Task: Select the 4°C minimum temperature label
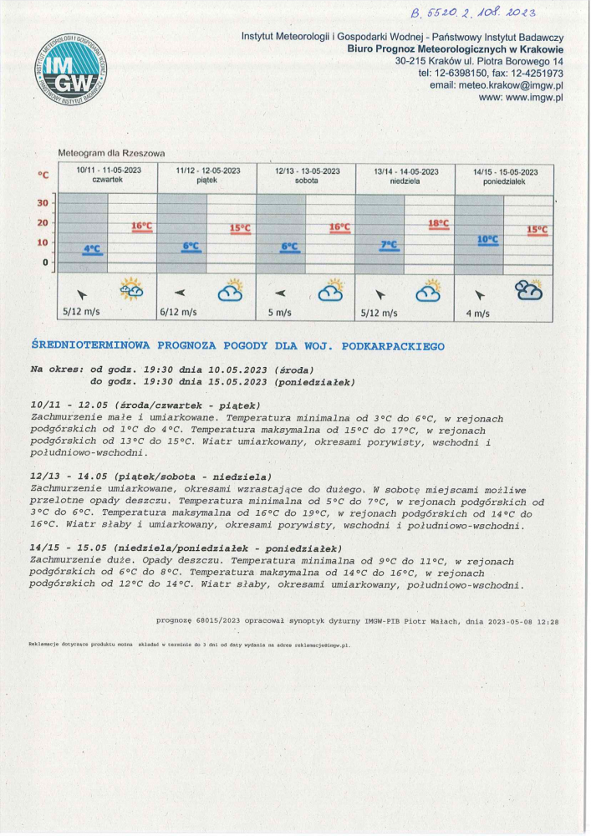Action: pos(92,248)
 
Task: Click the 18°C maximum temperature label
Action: pos(439,223)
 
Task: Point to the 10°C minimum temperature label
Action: pos(487,239)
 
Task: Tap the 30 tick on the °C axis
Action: pos(43,203)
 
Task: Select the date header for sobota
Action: pos(307,176)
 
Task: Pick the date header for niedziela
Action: pos(406,176)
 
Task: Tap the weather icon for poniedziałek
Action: pos(528,290)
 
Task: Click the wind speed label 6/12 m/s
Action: pos(178,313)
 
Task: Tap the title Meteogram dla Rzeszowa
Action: pos(111,153)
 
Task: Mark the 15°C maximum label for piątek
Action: pos(240,228)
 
